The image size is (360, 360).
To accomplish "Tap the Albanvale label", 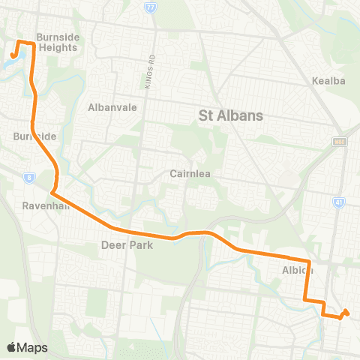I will coord(112,107).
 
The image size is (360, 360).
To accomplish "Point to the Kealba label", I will coord(327,80).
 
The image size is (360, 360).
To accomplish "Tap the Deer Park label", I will coord(127,245).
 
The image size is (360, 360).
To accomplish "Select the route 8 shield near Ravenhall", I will coord(28,177).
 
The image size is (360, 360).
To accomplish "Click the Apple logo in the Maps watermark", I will coord(12,347).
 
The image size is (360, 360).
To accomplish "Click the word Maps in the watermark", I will coord(33,347).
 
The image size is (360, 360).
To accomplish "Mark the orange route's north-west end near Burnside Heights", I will coord(13,55).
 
